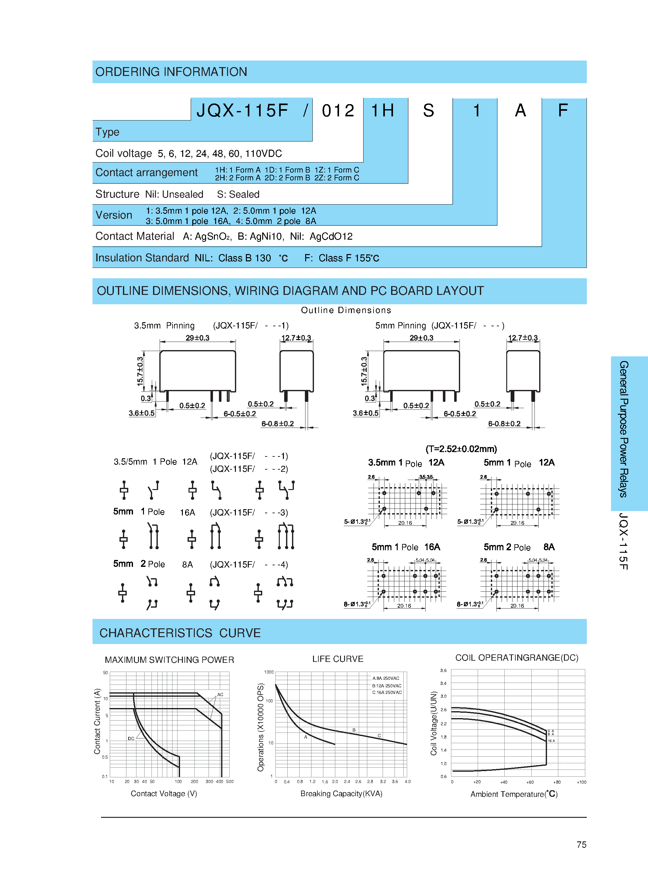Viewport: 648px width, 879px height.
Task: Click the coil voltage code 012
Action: point(338,111)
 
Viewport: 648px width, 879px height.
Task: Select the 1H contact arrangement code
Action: point(382,111)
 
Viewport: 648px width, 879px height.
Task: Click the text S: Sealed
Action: point(238,194)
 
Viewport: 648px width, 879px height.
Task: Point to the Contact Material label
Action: point(135,236)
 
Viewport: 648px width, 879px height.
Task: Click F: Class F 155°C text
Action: point(341,258)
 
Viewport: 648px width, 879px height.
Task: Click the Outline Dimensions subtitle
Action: point(346,310)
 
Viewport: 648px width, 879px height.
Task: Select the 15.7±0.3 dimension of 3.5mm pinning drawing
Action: point(140,371)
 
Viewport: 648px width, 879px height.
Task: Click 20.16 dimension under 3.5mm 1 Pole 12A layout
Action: point(405,523)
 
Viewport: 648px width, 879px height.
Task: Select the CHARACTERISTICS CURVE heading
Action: point(180,633)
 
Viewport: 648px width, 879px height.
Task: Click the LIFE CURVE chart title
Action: point(337,659)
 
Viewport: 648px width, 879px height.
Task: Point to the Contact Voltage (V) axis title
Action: point(164,793)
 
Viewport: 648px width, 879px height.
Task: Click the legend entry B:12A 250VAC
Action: point(386,686)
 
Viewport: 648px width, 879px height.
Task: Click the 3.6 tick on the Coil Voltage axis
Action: point(443,670)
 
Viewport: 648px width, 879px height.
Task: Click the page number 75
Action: point(581,844)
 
